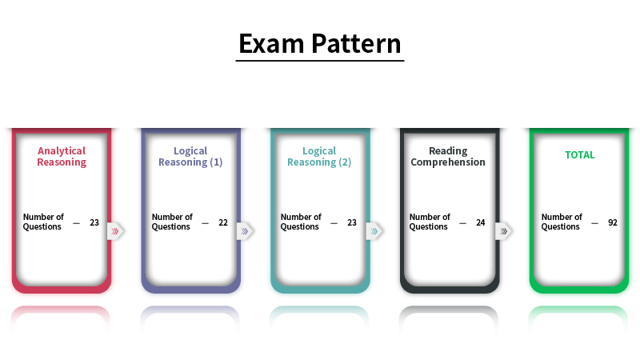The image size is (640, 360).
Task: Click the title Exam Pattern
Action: coord(320,43)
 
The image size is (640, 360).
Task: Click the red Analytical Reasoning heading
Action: coord(62,156)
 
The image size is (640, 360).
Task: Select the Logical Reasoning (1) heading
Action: coord(190,156)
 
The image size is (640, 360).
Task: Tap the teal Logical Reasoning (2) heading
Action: coord(319,156)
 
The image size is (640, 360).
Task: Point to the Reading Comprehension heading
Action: coord(448,156)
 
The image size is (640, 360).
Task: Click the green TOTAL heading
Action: coord(580,155)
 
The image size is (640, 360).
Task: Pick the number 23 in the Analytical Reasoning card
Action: coord(94,222)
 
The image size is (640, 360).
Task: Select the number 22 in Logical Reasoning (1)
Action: coord(223,222)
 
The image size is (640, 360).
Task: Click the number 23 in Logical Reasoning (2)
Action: coord(352,222)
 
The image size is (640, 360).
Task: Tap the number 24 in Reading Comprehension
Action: coord(481,222)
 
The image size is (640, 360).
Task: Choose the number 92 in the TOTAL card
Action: coord(613,222)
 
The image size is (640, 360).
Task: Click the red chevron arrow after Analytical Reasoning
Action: coord(116,231)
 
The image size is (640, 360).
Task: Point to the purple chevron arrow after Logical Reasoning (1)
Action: coord(245,231)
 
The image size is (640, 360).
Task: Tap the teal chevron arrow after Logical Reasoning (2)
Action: coord(374,231)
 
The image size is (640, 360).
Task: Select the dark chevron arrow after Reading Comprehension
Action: coord(503,231)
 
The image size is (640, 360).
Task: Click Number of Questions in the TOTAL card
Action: coord(562,222)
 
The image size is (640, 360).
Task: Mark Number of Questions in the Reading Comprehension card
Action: coord(430,222)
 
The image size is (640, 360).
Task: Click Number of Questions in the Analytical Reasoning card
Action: coord(43,222)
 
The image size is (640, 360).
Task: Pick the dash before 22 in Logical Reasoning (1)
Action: coord(205,222)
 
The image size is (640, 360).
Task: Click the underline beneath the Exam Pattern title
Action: coord(320,60)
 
